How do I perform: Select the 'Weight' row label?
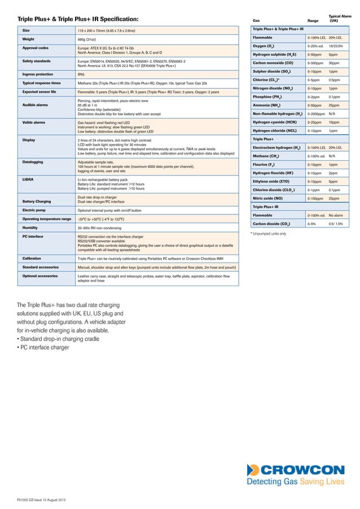point(28,40)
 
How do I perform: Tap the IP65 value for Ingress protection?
point(81,74)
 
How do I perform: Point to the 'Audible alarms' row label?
point(35,105)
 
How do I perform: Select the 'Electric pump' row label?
point(34,210)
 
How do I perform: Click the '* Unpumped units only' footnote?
point(268,233)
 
